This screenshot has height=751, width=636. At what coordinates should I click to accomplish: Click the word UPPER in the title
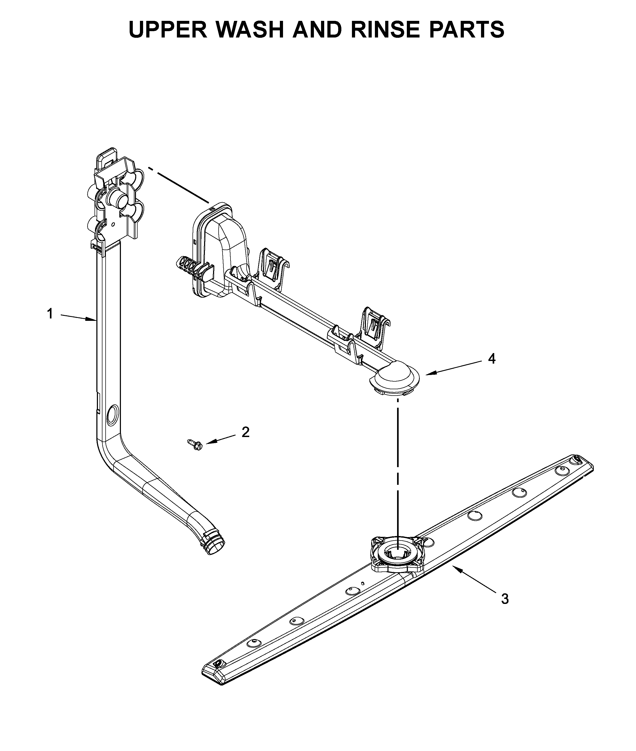(x=168, y=30)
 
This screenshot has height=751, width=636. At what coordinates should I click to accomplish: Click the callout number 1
(x=50, y=314)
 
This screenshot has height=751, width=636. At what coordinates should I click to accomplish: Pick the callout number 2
(x=246, y=432)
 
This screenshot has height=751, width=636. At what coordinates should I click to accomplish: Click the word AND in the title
(x=317, y=30)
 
